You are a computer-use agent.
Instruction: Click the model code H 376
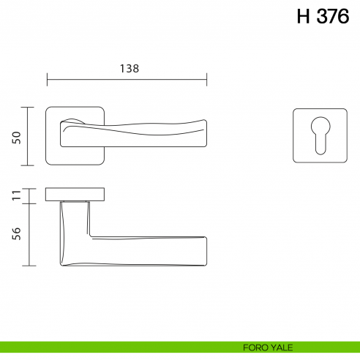[323, 18]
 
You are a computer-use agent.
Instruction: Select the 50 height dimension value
[16, 137]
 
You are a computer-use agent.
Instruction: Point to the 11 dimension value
[16, 195]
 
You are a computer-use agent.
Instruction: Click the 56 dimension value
[16, 233]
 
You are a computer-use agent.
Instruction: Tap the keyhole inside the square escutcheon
[321, 136]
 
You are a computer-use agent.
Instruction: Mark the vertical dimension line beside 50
[29, 137]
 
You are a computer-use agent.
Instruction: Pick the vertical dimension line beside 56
[29, 234]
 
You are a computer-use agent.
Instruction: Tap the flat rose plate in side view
[75, 194]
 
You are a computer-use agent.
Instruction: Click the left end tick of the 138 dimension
[47, 78]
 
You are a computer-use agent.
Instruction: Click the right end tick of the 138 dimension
[207, 78]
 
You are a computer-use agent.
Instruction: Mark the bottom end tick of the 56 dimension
[29, 266]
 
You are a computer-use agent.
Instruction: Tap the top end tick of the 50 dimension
[29, 108]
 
